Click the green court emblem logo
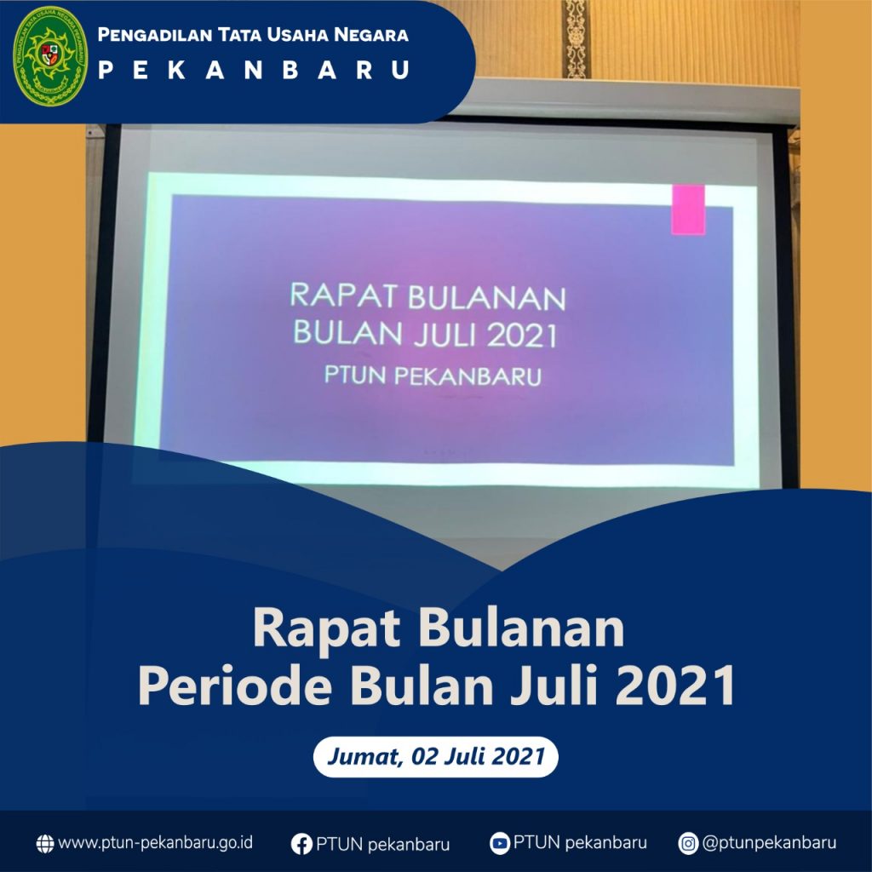[x=50, y=56]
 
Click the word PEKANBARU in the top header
[x=254, y=70]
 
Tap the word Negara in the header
[x=371, y=34]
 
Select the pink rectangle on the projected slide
[x=688, y=209]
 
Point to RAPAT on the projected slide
[x=345, y=295]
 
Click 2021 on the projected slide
[x=522, y=336]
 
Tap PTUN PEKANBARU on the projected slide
[x=433, y=376]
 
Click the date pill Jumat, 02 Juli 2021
[x=435, y=757]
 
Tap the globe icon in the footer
[x=45, y=844]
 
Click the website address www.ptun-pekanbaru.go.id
[x=156, y=843]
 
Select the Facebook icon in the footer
[x=301, y=844]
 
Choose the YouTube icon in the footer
[x=499, y=844]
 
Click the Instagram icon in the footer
[x=688, y=844]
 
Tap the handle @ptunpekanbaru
[x=769, y=843]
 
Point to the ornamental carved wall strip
[x=576, y=39]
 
